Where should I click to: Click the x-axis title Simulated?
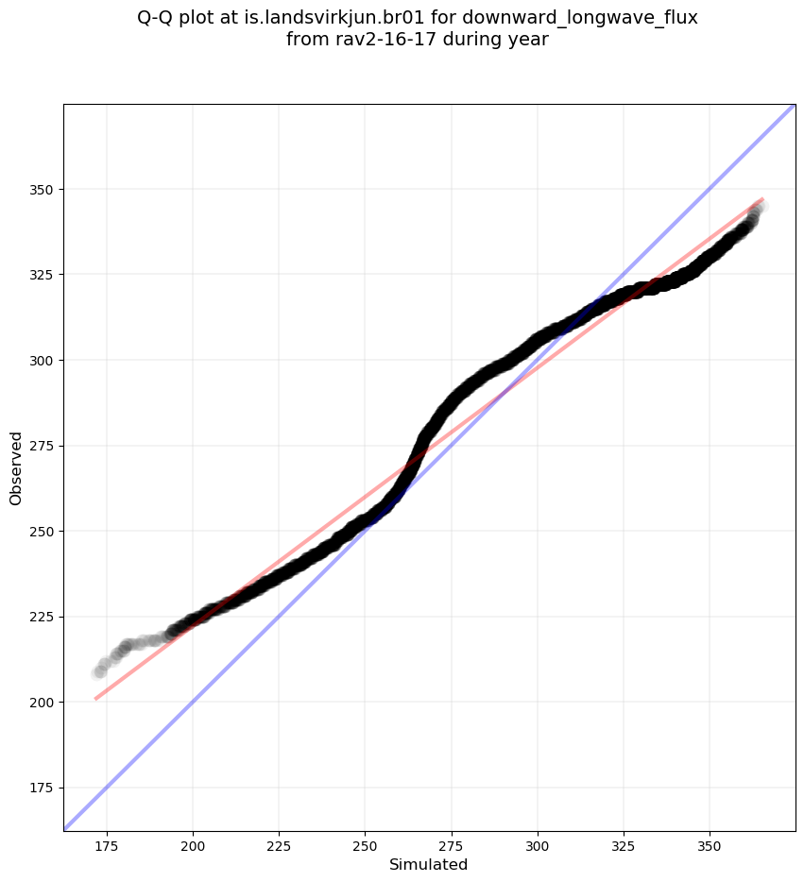(429, 865)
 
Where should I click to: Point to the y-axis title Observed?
(16, 468)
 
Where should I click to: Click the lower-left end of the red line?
(95, 699)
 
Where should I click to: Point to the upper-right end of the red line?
(762, 199)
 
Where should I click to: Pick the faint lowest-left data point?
(97, 673)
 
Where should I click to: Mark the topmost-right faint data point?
(762, 206)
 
